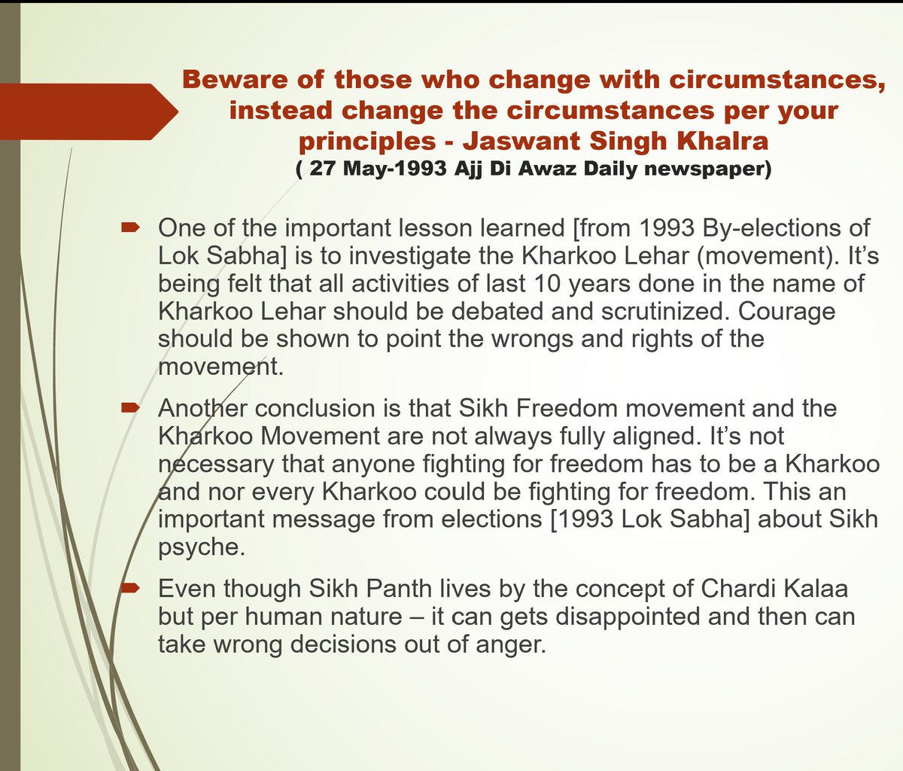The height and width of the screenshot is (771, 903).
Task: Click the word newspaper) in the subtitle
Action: (x=707, y=169)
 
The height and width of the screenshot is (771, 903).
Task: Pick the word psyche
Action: (x=201, y=547)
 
